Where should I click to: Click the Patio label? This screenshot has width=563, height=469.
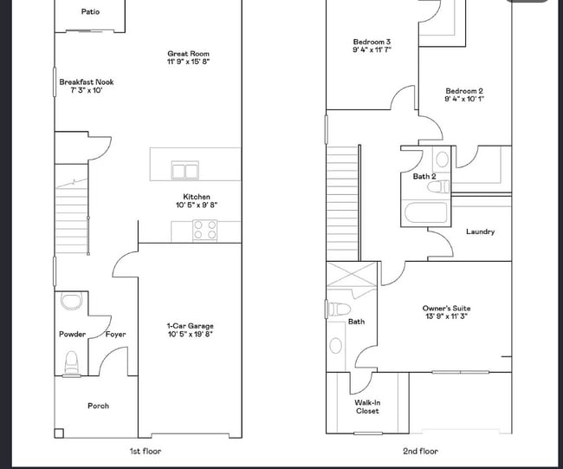(x=90, y=12)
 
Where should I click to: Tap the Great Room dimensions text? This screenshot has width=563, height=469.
(x=188, y=62)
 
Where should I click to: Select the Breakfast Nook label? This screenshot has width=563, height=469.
(x=87, y=82)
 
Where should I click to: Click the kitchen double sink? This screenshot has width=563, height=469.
(x=184, y=170)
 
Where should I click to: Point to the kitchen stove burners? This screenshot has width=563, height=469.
(x=205, y=230)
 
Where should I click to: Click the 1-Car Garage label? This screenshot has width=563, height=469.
(x=191, y=326)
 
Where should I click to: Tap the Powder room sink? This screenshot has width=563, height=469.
(x=71, y=301)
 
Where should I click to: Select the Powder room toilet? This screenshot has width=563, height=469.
(x=71, y=364)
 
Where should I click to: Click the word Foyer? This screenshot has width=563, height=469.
(x=115, y=335)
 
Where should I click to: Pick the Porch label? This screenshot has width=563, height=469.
(x=99, y=406)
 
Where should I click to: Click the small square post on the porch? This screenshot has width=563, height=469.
(x=59, y=433)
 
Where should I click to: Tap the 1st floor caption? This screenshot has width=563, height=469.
(x=146, y=451)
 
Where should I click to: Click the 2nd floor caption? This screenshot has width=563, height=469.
(x=420, y=451)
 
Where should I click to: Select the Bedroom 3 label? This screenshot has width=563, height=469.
(x=372, y=42)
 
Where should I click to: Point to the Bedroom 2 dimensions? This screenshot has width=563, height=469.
(x=464, y=99)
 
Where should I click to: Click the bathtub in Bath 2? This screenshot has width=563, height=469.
(x=426, y=213)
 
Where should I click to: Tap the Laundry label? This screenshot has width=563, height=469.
(x=481, y=231)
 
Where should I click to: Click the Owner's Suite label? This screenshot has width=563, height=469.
(x=446, y=308)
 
